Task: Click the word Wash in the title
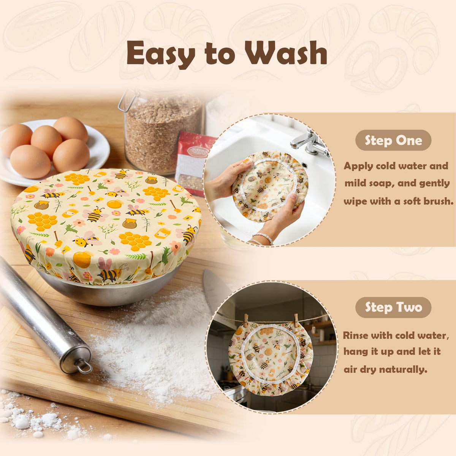coord(286,53)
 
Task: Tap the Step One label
coord(393,140)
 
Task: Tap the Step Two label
coord(393,307)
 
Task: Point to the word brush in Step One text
coord(438,201)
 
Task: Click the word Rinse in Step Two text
coord(356,335)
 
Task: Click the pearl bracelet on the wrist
coord(263,238)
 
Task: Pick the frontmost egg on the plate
coord(30,161)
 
